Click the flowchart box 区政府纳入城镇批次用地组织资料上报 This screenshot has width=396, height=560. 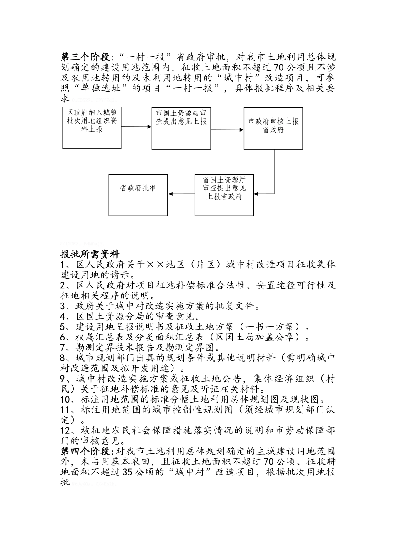tap(92, 127)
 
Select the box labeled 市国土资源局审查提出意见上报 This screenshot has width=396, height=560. tap(181, 127)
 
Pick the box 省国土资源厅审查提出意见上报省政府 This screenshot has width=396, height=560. tap(224, 195)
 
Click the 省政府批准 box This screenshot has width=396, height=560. tap(138, 195)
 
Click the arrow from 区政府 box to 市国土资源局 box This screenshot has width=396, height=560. tap(136, 127)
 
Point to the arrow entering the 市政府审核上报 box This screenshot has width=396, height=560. tap(227, 130)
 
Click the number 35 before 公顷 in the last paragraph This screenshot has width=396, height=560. tap(128, 472)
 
